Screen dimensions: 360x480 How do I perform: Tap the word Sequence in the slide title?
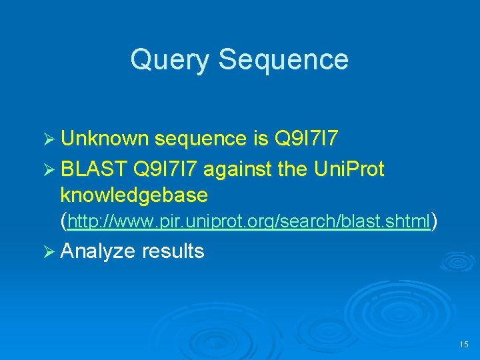[x=283, y=60]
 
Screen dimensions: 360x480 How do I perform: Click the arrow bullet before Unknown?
[x=49, y=139]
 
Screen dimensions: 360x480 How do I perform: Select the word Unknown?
[x=105, y=139]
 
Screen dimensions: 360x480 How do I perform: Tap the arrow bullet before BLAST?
[x=49, y=170]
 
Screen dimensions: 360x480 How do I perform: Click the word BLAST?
[x=93, y=170]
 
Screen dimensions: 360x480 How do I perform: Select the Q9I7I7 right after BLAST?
[x=166, y=170]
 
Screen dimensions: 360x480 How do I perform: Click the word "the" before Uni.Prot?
[x=292, y=170]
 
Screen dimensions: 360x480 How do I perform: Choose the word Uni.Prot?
[x=349, y=170]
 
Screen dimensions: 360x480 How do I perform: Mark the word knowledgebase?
[x=134, y=195]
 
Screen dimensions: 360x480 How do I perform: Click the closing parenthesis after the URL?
[x=434, y=221]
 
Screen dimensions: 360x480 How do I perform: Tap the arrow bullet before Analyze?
[x=49, y=251]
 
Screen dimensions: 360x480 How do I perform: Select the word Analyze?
[x=97, y=252]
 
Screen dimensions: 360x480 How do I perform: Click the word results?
[x=173, y=251]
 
